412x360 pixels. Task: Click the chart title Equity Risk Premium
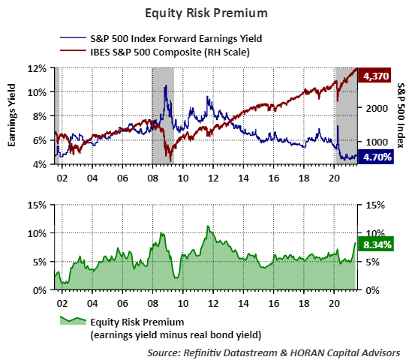(206, 13)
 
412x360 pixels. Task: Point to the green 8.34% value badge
(375, 244)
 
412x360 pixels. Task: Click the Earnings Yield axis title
(13, 115)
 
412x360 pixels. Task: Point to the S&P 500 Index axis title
(400, 115)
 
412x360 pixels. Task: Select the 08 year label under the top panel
(152, 179)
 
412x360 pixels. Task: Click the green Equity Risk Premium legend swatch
(71, 321)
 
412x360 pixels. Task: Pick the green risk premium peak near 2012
(208, 226)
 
